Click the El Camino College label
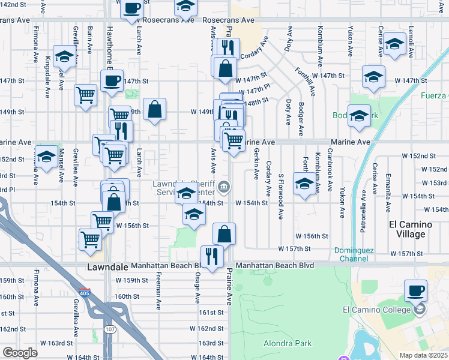pos(375,310)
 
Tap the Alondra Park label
pos(288,344)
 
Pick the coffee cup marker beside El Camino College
pos(415,291)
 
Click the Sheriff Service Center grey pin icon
pos(223,188)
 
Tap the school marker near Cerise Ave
pos(394,44)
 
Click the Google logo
pos(20,353)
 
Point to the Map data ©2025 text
pos(423,355)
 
